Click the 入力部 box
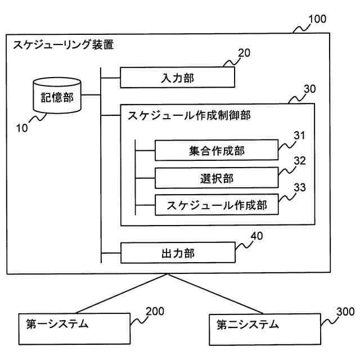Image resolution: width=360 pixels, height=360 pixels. [178, 78]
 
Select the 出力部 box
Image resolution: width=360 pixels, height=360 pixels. [178, 253]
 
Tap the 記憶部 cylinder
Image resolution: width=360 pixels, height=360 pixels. [57, 95]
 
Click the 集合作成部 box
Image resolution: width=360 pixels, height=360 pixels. [217, 150]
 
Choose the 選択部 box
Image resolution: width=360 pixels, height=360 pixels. [217, 178]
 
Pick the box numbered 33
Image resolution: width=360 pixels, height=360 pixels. [217, 205]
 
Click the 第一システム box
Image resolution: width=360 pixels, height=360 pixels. [74, 328]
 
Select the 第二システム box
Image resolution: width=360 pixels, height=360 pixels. [265, 329]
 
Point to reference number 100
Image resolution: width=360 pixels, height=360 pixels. [317, 19]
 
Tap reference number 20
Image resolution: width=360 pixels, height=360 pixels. [244, 53]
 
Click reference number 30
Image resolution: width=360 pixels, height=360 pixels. [310, 89]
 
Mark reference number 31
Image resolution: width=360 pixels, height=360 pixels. [300, 136]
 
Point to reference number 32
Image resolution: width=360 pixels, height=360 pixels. [300, 161]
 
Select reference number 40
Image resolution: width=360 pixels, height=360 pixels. [256, 236]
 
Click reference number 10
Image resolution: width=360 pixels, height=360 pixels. [22, 128]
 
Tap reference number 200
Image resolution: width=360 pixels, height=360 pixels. [155, 311]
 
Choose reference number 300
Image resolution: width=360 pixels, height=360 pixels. [345, 312]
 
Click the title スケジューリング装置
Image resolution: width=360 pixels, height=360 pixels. [64, 44]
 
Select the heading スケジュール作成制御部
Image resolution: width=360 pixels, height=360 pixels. [189, 115]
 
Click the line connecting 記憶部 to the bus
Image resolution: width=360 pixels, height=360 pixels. [91, 95]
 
